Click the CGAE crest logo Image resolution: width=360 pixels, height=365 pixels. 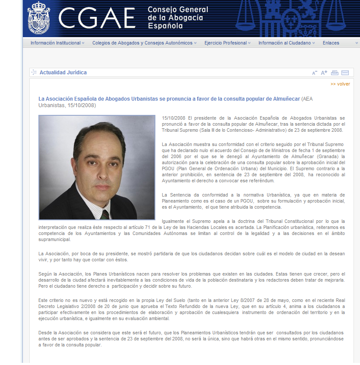pyautogui.click(x=39, y=18)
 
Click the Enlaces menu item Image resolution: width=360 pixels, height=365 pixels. pyautogui.click(x=331, y=43)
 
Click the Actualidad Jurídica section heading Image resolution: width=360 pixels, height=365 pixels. pyautogui.click(x=63, y=73)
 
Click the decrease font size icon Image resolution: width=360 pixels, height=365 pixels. pyautogui.click(x=315, y=73)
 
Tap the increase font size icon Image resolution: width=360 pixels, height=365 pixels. pyautogui.click(x=324, y=73)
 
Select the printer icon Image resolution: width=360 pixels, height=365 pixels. pyautogui.click(x=335, y=73)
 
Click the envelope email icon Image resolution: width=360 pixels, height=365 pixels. pyautogui.click(x=345, y=73)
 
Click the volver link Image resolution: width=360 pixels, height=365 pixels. pyautogui.click(x=341, y=84)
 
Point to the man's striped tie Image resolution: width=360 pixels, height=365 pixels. pyautogui.click(x=104, y=214)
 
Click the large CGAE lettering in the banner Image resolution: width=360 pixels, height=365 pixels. pyautogui.click(x=97, y=18)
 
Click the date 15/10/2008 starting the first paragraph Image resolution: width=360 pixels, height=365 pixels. pyautogui.click(x=174, y=118)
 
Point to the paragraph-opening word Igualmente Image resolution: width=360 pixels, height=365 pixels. pyautogui.click(x=174, y=221)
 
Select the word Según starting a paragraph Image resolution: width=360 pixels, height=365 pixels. pyautogui.click(x=45, y=274)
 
